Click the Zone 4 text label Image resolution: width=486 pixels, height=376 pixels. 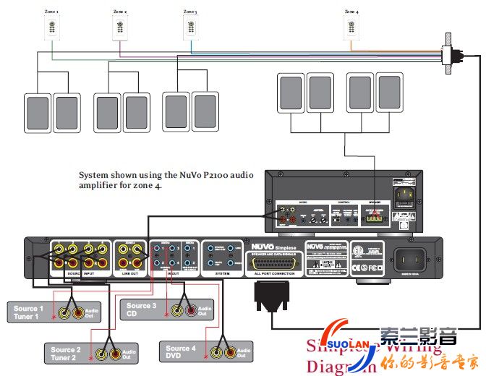(351, 12)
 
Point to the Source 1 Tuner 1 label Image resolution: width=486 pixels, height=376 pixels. (28, 313)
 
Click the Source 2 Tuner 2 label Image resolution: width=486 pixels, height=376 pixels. (66, 354)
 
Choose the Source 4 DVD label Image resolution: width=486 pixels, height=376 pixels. (182, 352)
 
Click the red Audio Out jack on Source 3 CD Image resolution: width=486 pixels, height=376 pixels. (192, 311)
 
